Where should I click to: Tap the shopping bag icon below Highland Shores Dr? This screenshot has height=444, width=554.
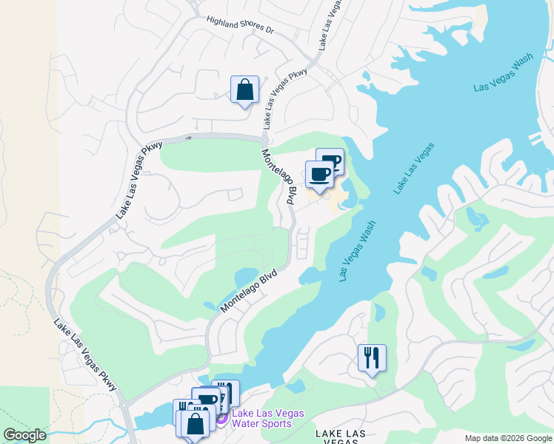tap(244, 90)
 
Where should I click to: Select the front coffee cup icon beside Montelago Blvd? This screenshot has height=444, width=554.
tap(319, 175)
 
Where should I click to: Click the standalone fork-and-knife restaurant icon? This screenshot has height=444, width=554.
tap(372, 357)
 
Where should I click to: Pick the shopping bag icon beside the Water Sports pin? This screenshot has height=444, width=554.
tap(196, 424)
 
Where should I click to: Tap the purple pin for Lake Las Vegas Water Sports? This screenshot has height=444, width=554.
tap(221, 419)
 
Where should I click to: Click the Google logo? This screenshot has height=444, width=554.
tap(25, 435)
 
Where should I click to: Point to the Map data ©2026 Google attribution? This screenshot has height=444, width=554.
tap(508, 438)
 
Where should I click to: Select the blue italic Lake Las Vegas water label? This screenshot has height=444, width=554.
tap(413, 170)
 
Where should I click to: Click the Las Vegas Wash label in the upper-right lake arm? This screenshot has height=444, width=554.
tap(504, 74)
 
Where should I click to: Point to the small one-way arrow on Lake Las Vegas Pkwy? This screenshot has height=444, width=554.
tap(188, 138)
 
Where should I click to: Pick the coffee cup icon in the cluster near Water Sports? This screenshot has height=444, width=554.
tap(207, 400)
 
